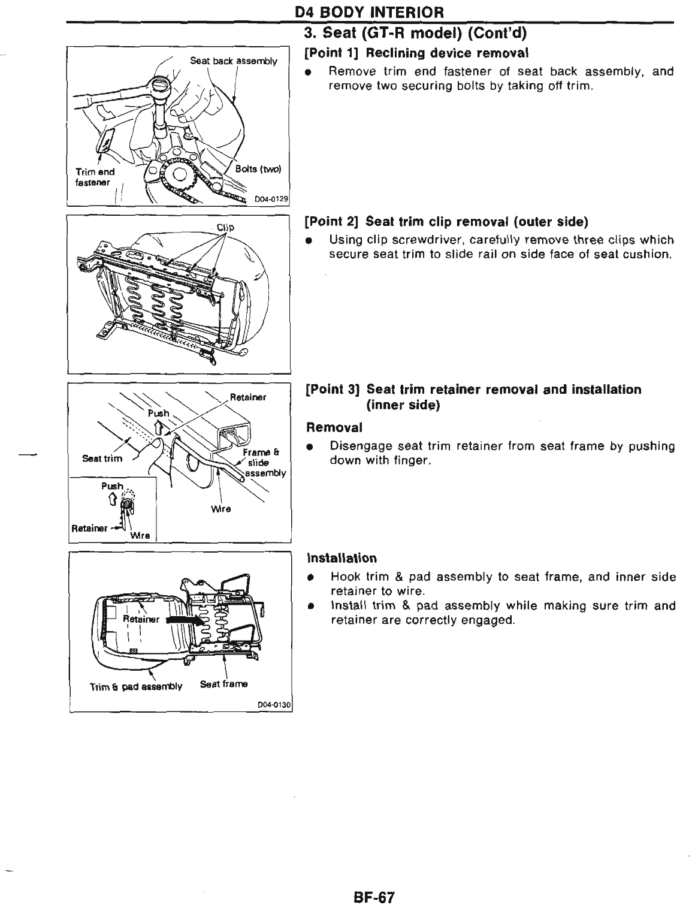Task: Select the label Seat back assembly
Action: point(233,61)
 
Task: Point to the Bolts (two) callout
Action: point(258,168)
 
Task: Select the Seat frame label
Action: point(223,684)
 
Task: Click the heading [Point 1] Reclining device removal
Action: point(416,54)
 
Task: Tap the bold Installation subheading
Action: point(341,558)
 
